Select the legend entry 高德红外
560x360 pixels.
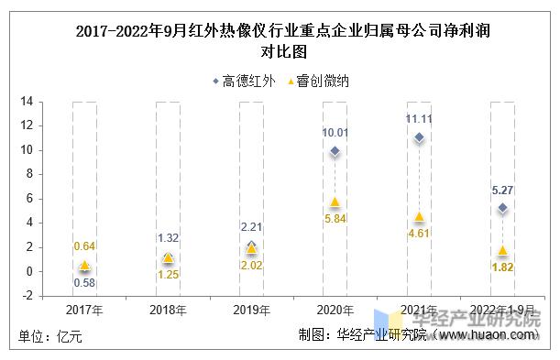pos(244,81)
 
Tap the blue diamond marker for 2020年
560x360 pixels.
pos(335,151)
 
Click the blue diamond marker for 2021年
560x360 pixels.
pos(419,137)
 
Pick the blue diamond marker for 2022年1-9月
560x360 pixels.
pos(502,208)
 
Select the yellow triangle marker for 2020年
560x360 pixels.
pos(335,202)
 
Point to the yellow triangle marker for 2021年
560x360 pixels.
pos(419,216)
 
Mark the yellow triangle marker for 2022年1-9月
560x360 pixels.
pos(502,250)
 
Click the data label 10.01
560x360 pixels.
pos(335,133)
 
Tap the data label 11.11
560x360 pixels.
pos(419,119)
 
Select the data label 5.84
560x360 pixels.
pos(335,220)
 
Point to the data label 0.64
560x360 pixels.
pos(85,245)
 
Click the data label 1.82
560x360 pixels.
pos(502,267)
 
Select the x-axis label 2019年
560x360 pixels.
pos(252,310)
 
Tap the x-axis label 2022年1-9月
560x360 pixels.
pos(502,310)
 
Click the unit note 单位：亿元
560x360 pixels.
pos(51,336)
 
